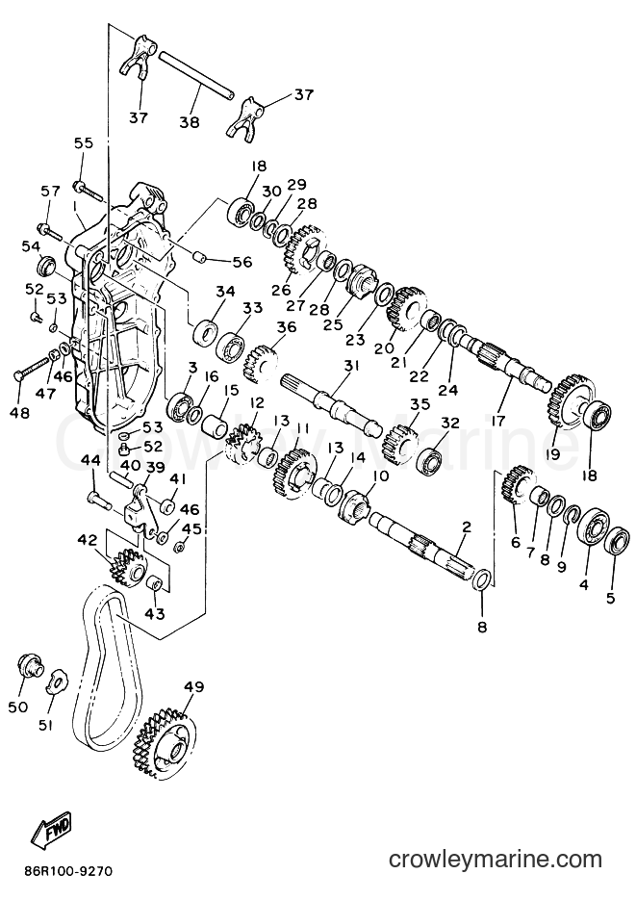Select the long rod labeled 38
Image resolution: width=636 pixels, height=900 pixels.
[x=196, y=74]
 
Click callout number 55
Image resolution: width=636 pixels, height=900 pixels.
[x=83, y=142]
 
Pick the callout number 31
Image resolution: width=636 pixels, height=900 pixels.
[x=351, y=366]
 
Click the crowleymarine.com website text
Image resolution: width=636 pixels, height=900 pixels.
[x=496, y=860]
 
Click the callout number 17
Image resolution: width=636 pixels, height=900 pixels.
[x=497, y=421]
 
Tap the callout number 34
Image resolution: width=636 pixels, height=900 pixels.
[x=225, y=292]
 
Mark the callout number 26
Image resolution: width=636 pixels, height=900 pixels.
[x=281, y=290]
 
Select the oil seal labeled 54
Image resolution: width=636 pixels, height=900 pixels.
[x=47, y=268]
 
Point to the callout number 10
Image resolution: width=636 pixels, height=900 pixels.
[x=380, y=476]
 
